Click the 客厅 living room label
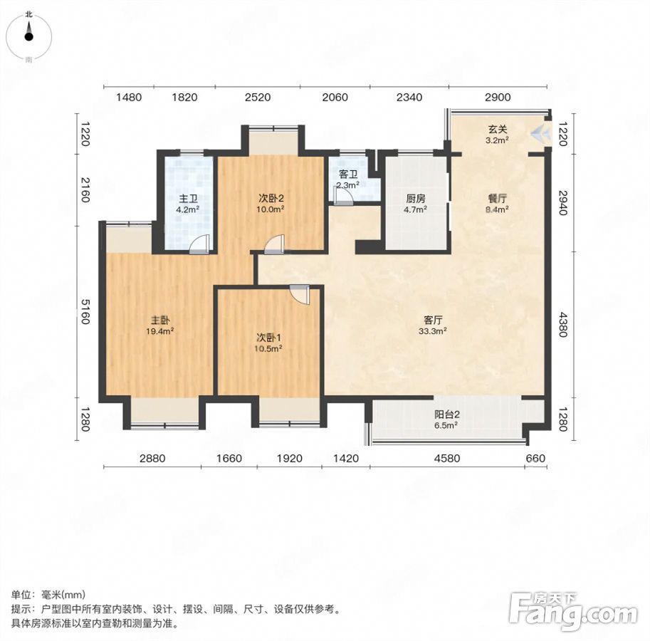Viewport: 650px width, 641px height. point(433,320)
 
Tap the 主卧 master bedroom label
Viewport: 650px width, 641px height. point(160,320)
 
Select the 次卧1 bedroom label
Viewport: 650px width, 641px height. point(268,338)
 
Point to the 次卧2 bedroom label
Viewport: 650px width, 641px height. point(271,199)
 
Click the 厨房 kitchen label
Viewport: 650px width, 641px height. point(415,199)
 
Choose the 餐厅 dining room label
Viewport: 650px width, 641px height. point(498,199)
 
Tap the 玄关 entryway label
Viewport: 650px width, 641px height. point(497,130)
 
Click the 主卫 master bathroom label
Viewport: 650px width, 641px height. point(188,199)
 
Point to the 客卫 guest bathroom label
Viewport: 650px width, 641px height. point(348,174)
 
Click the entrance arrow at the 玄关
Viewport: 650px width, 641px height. point(540,132)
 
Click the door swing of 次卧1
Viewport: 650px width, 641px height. point(299,294)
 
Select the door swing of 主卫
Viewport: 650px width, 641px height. point(199,244)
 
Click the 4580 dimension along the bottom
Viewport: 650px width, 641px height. point(447,458)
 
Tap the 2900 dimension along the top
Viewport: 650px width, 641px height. point(498,97)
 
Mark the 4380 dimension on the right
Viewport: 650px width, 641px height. point(562,324)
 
